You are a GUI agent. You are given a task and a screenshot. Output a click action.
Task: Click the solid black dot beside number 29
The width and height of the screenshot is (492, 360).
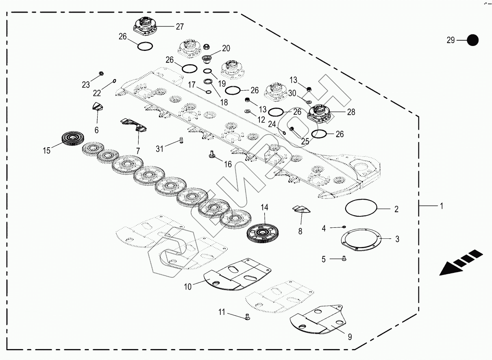[x=472, y=40]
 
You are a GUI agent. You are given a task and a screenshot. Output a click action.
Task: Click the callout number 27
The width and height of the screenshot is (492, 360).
[x=179, y=27]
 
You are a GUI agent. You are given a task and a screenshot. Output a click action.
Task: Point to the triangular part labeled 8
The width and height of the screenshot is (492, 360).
[x=301, y=209]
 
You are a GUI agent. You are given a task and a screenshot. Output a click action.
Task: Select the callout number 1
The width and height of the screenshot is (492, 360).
[x=441, y=206]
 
